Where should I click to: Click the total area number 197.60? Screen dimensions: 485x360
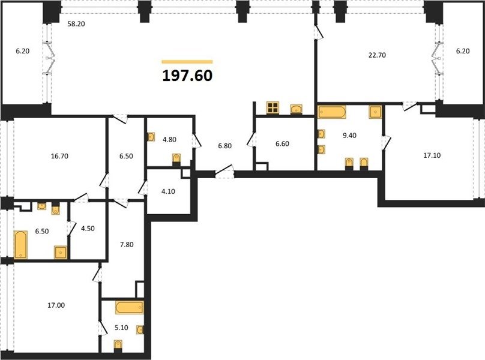187,76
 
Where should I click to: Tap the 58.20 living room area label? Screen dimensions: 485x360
76,24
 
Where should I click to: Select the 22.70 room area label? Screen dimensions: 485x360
377,55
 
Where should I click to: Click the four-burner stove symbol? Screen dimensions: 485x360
273,107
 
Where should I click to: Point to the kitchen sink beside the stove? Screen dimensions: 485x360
297,109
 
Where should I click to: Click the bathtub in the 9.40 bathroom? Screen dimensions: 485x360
332,112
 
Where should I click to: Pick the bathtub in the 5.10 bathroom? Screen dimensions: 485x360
129,307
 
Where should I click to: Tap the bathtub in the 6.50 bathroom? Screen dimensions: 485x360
21,244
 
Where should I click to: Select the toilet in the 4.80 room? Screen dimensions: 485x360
176,159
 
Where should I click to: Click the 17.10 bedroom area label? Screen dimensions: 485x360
432,155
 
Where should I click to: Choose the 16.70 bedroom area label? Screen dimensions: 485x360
59,156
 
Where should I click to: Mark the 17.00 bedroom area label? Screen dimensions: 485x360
56,305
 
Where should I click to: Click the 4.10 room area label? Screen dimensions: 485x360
168,191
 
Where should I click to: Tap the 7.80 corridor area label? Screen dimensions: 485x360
127,245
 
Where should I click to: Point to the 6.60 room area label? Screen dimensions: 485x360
282,144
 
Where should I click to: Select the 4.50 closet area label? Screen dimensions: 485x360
88,229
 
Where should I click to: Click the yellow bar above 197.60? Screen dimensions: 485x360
187,62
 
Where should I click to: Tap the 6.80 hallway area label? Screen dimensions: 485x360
225,146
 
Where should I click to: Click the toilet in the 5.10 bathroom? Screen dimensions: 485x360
118,346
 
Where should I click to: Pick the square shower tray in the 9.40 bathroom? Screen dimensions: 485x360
375,112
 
